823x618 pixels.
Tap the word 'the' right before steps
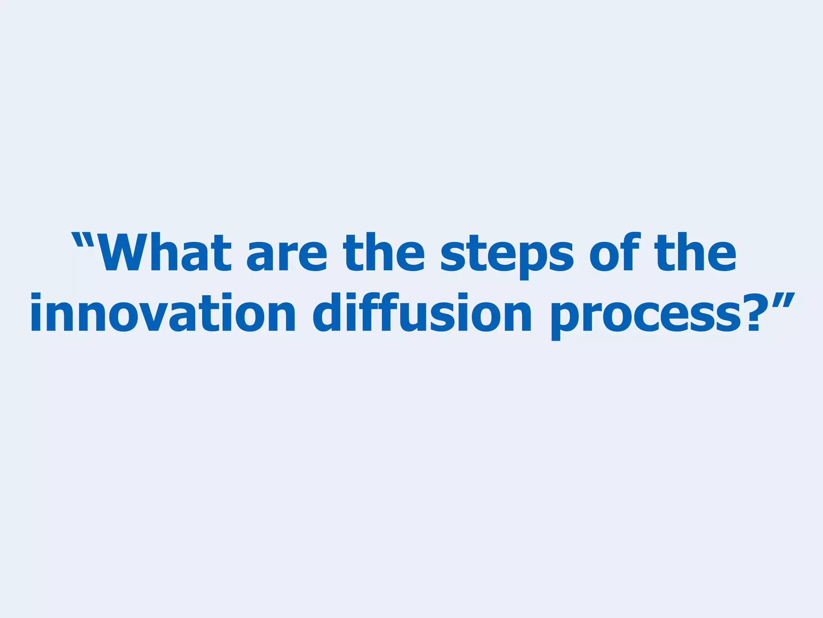(x=383, y=252)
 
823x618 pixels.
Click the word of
(x=615, y=252)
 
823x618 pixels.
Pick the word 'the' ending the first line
(x=695, y=252)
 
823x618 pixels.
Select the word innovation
(x=163, y=313)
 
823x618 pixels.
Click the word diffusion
(x=422, y=313)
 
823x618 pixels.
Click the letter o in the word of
(x=605, y=256)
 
